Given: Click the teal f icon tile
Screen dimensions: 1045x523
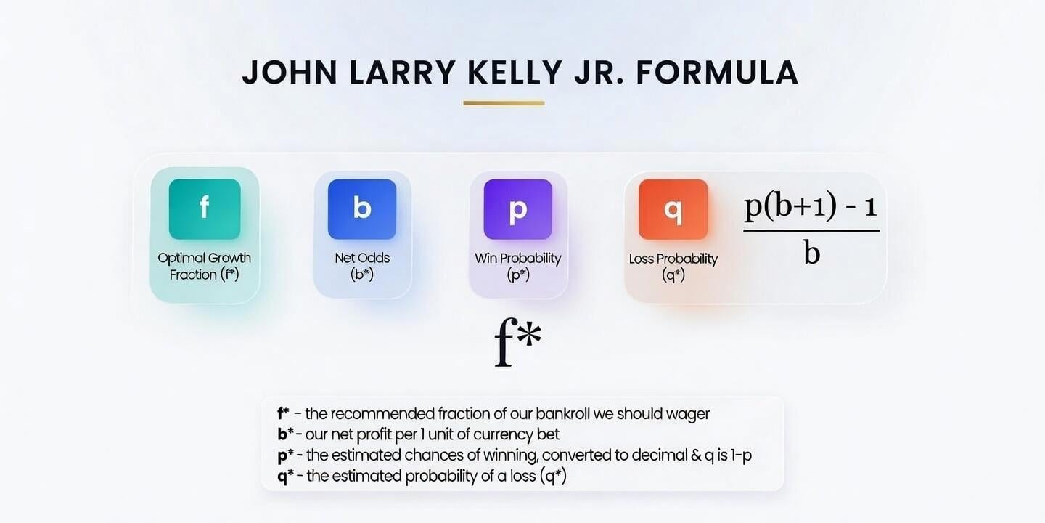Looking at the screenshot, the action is point(205,209).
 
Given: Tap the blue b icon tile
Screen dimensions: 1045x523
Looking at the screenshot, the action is point(362,209).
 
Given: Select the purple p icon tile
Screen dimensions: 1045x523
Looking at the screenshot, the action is point(518,209).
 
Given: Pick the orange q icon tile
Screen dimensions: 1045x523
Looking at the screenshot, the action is point(673,209).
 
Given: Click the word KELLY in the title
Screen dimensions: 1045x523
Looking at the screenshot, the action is point(515,73).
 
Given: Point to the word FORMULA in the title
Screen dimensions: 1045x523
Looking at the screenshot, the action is point(717,73).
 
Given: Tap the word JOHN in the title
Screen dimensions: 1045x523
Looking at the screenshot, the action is point(290,73).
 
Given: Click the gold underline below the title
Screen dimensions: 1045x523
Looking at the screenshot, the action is point(504,103).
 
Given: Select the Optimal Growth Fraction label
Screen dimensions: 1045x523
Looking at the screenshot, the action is point(205,266).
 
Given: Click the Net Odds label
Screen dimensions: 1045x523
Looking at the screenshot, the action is point(362,266).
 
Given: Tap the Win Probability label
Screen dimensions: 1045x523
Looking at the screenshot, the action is point(518,267).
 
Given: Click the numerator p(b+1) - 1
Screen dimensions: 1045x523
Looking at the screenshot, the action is point(811,206).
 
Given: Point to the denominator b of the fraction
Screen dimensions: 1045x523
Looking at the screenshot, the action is point(812,254).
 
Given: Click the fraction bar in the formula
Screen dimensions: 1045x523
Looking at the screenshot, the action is point(811,231).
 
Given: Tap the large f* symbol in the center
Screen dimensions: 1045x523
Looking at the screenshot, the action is point(518,342).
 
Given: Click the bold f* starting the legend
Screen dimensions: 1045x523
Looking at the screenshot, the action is point(283,413).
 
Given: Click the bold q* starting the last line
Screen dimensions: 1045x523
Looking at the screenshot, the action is point(286,477).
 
